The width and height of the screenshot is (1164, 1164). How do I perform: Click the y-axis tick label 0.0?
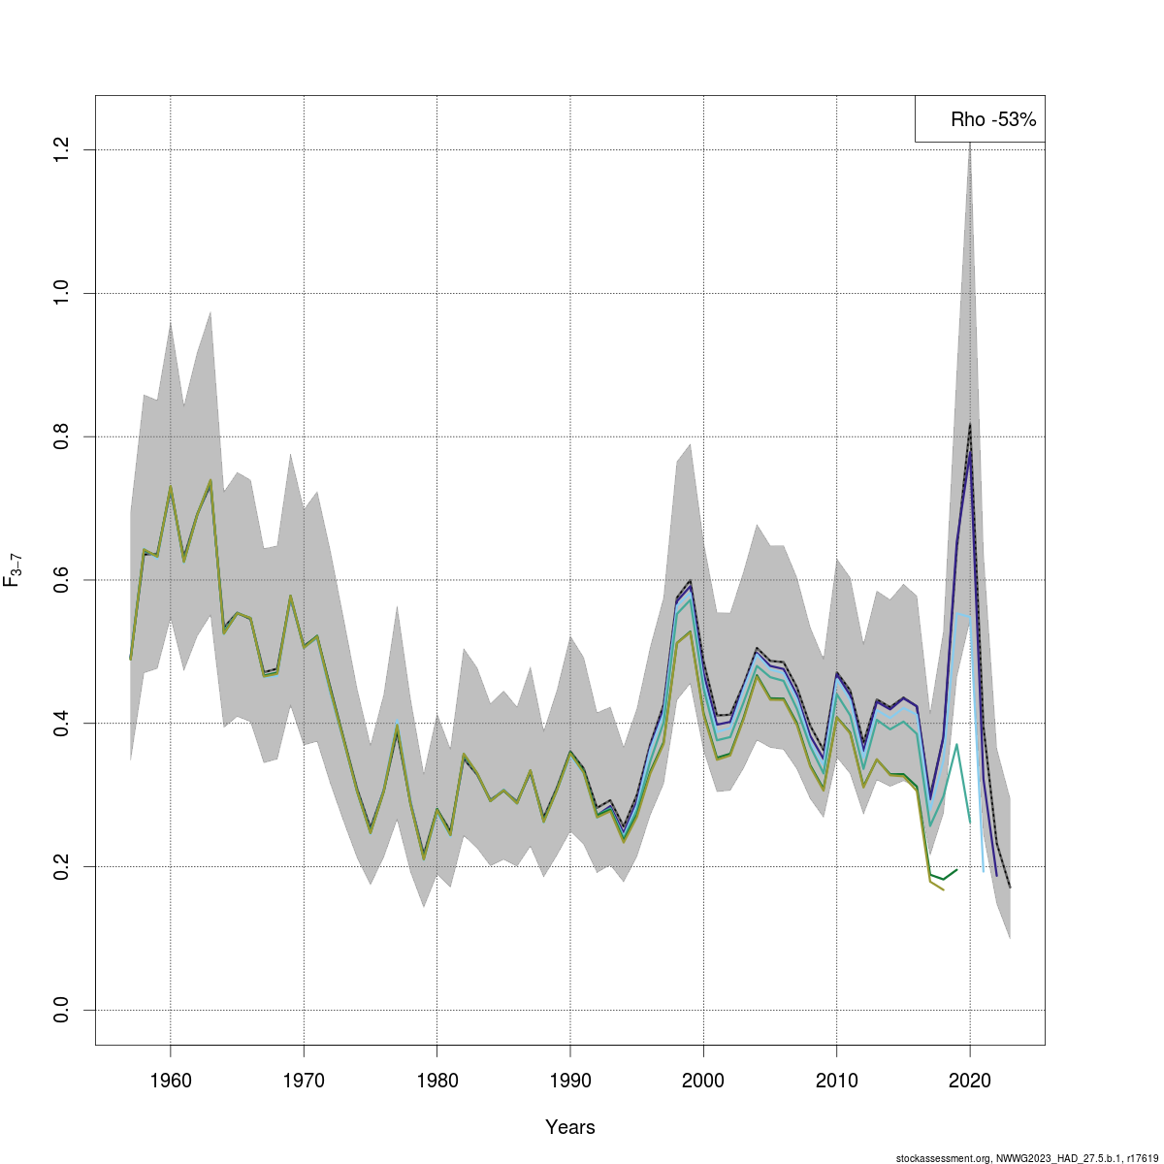61,1010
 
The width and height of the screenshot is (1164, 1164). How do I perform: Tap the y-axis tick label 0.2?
61,866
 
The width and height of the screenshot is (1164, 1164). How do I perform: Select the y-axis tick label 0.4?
61,723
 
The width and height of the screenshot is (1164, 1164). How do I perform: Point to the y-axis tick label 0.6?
61,580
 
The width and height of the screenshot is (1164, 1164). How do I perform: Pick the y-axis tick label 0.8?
61,436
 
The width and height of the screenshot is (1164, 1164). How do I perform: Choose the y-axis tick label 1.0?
61,293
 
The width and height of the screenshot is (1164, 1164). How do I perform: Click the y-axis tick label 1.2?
61,149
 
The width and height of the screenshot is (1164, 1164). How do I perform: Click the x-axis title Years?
570,1127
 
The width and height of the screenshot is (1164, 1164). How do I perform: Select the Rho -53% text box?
980,119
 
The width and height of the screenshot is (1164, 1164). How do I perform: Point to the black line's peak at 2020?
970,424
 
